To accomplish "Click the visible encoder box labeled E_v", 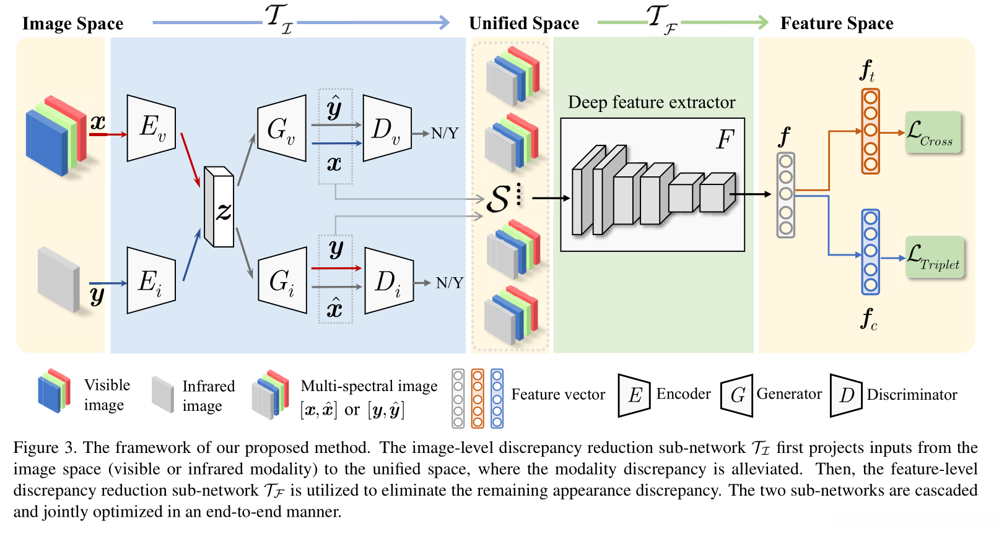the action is pos(151,128).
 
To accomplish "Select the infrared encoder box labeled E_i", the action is pos(151,280).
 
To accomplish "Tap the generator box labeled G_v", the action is pos(282,128).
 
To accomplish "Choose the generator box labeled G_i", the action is pos(282,280).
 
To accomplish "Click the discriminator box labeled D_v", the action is pos(387,128).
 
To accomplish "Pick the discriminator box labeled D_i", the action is pos(389,280).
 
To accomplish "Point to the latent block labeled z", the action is pos(219,207).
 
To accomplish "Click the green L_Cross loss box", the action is pos(933,132).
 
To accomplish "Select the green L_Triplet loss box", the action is pos(935,257).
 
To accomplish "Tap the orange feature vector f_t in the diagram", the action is pos(871,131).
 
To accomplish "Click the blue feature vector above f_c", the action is pos(871,252).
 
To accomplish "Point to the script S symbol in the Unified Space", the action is pos(498,199).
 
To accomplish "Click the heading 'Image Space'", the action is pos(72,24).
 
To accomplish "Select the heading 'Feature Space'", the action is pos(837,23).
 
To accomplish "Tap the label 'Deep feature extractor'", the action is pos(652,102).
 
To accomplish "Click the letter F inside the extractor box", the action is pos(725,139).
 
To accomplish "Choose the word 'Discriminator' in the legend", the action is pos(912,395).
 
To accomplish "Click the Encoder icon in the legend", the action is pos(634,395).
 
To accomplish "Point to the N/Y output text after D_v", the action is pos(445,133).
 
